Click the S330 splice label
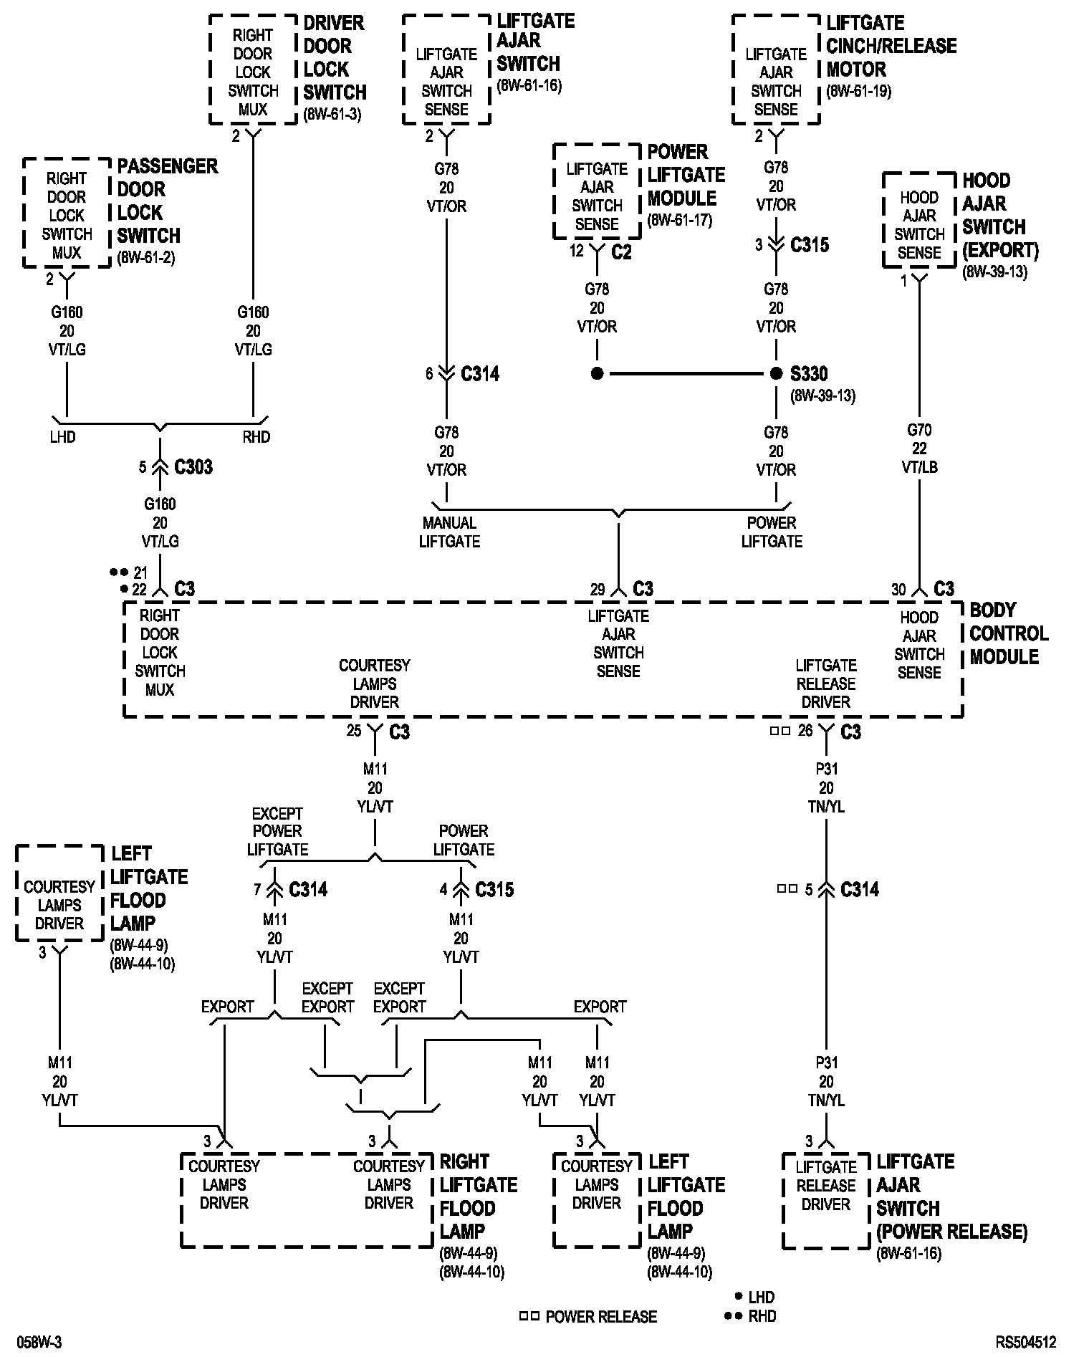(x=809, y=373)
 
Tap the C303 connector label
(x=193, y=467)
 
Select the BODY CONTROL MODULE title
(x=1008, y=633)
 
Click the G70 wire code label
(x=919, y=430)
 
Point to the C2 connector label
(x=621, y=251)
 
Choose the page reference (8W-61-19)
(x=858, y=91)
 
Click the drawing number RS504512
(x=1025, y=1342)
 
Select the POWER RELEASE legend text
(x=600, y=1316)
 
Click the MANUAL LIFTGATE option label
(x=449, y=532)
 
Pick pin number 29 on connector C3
(x=598, y=589)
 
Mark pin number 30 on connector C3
(x=898, y=589)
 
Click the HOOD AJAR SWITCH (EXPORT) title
(x=999, y=215)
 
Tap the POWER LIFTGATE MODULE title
(x=686, y=175)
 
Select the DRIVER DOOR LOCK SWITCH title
(x=335, y=57)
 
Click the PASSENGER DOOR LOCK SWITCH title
(x=166, y=201)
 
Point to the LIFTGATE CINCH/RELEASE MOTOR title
(x=891, y=46)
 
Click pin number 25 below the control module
(x=354, y=732)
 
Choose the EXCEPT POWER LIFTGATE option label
(x=277, y=831)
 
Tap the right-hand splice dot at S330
(x=776, y=373)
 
